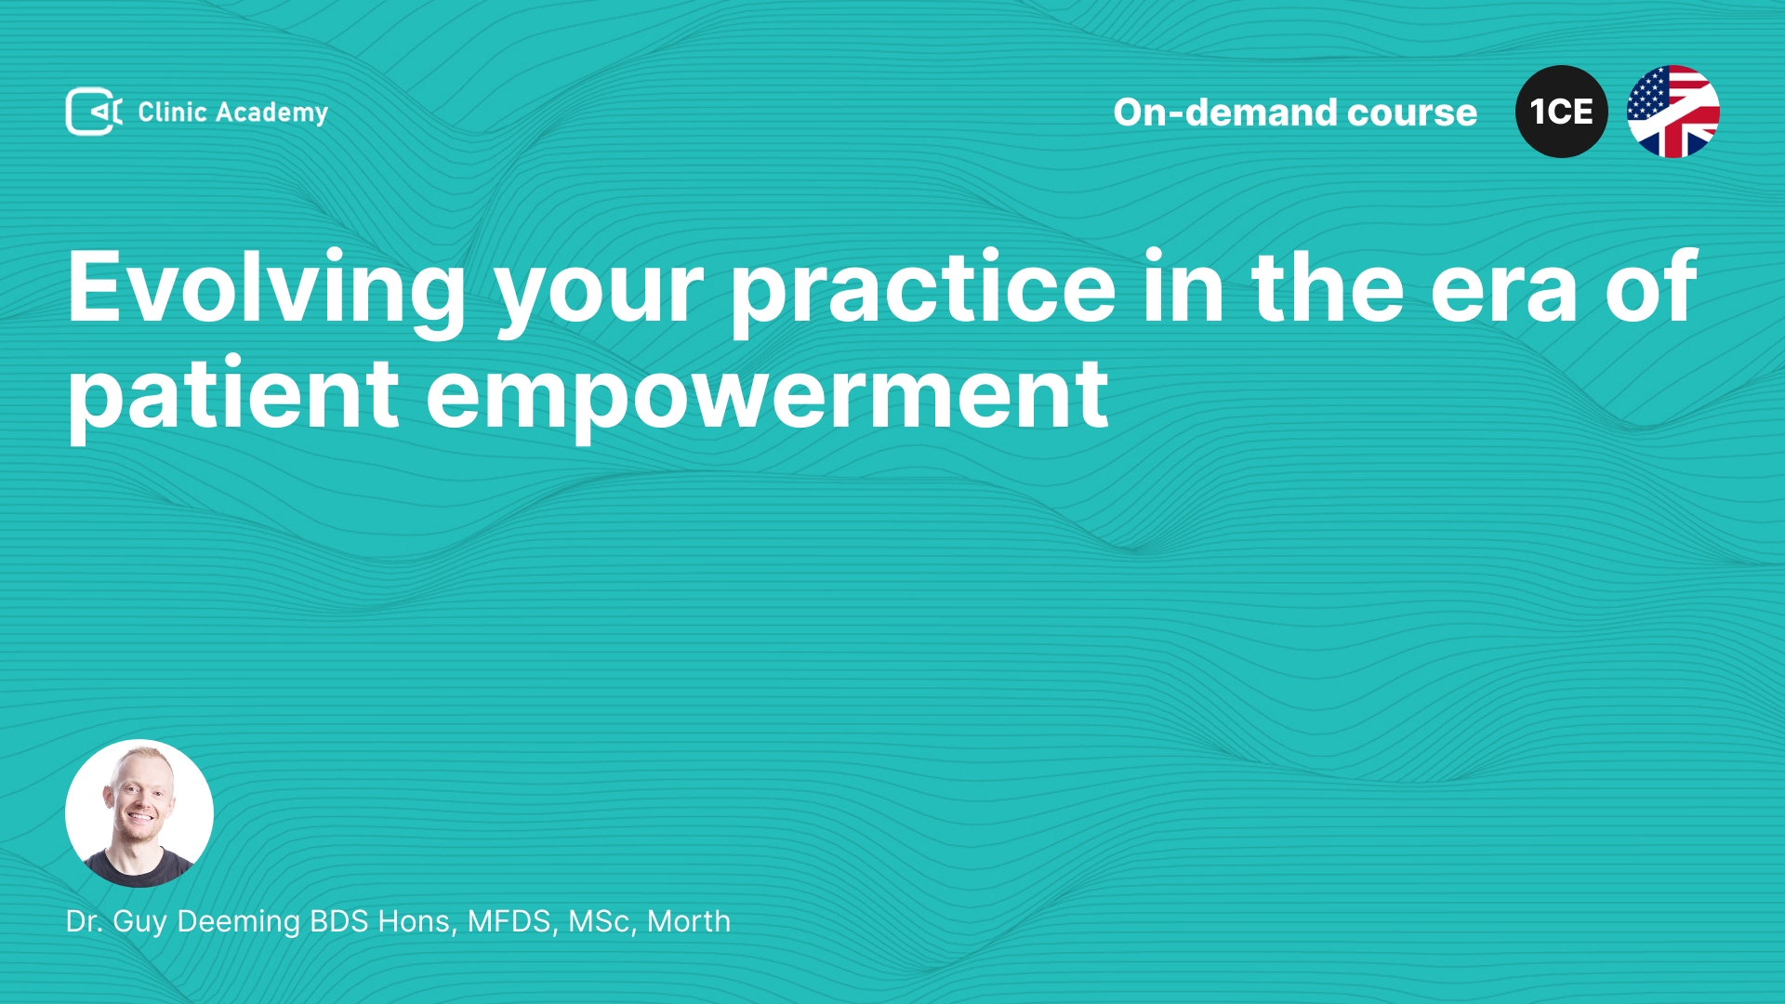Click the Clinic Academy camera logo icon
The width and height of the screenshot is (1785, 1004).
tap(94, 112)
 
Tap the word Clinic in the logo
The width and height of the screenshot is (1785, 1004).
tap(172, 112)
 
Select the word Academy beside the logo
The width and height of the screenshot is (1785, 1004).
tap(271, 113)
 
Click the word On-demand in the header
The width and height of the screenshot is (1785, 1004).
tap(1224, 112)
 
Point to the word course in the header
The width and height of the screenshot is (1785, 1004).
tap(1412, 113)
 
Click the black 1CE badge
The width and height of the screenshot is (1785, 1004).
tap(1562, 112)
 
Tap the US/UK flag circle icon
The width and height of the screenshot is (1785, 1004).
tap(1673, 112)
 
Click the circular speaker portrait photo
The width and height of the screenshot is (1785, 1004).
tap(139, 813)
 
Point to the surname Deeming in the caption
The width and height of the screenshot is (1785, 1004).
tap(239, 922)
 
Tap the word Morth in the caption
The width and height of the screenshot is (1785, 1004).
tap(689, 921)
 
